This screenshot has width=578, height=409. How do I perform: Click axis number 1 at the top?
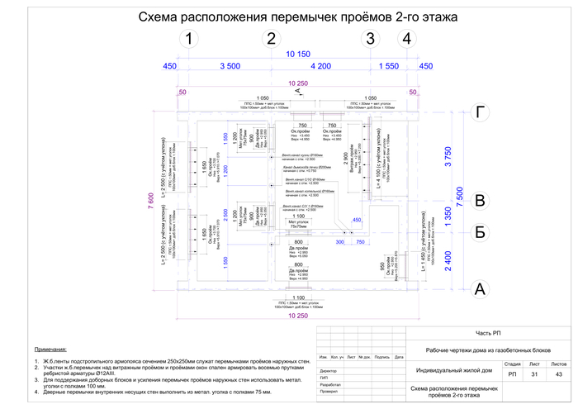pyautogui.click(x=190, y=39)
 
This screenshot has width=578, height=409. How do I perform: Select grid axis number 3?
pyautogui.click(x=370, y=39)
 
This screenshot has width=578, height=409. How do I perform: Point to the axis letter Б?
pyautogui.click(x=478, y=232)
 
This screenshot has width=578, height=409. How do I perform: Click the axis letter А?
pyautogui.click(x=478, y=289)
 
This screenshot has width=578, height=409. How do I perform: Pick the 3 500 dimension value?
pyautogui.click(x=230, y=65)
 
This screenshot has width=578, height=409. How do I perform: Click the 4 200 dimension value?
pyautogui.click(x=320, y=65)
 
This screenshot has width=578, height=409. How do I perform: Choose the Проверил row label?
pyautogui.click(x=330, y=393)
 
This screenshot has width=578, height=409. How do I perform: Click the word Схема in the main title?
pyautogui.click(x=160, y=17)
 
